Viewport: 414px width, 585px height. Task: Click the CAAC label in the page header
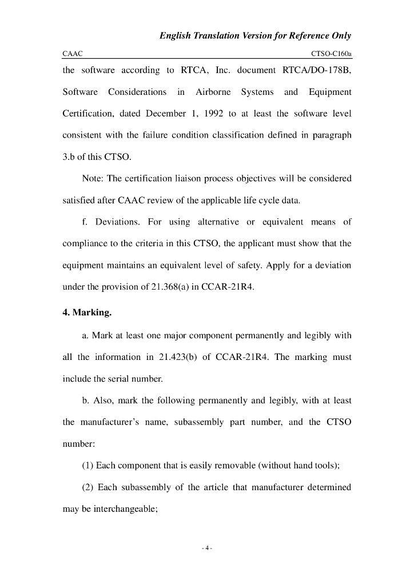(x=73, y=53)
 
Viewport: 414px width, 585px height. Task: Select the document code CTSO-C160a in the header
(x=331, y=53)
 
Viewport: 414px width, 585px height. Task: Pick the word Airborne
(x=213, y=92)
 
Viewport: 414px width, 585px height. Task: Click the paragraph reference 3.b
(x=69, y=157)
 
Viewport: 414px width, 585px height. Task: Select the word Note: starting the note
(x=93, y=179)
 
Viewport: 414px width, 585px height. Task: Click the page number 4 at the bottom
(x=207, y=549)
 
